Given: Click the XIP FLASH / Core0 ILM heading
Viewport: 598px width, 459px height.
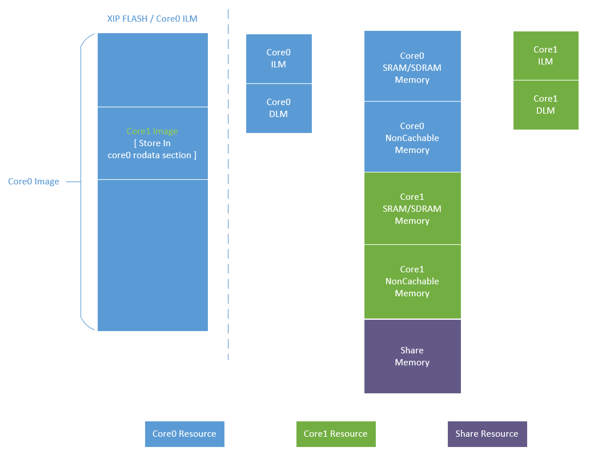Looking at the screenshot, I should pos(152,19).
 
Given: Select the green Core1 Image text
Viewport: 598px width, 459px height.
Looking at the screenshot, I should pos(152,131).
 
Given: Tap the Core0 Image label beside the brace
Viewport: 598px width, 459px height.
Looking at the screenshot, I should pos(33,182).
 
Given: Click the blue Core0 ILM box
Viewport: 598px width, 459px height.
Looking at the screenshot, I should pos(279,59).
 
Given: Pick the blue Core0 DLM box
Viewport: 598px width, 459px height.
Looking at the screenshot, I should pos(279,108).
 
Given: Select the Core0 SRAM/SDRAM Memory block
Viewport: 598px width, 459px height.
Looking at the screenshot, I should pos(412,67).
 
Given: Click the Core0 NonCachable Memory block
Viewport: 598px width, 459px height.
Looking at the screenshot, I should pos(412,138).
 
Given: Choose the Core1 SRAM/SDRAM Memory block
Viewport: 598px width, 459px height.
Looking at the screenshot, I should pos(412,208).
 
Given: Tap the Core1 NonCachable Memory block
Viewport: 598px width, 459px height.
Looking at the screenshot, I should pos(412,281).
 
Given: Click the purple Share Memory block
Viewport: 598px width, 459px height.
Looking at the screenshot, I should pos(412,356).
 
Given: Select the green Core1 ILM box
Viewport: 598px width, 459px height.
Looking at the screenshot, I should pos(545,55).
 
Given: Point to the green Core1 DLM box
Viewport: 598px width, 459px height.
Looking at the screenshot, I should pos(545,104).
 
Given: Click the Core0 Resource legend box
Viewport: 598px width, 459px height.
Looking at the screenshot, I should pos(184,434).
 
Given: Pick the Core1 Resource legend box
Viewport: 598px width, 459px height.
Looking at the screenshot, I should pos(336,434).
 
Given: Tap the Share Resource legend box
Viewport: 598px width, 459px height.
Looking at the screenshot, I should pos(487,434).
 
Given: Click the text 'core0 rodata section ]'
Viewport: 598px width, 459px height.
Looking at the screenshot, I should pos(152,155).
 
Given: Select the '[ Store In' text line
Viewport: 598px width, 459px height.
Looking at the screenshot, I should pos(152,143).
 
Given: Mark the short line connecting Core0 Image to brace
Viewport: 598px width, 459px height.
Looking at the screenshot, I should pos(73,182).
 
